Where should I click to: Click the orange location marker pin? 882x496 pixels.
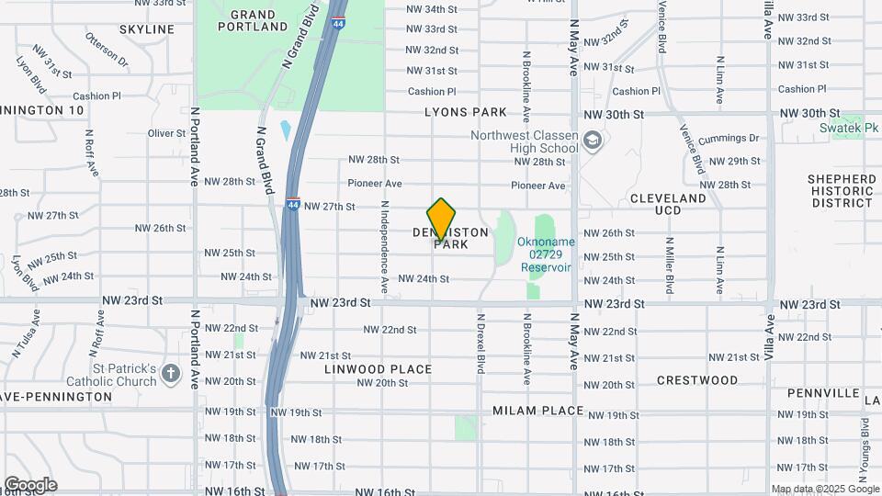tap(441, 219)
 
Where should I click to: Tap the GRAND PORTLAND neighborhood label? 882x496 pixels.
tap(253, 21)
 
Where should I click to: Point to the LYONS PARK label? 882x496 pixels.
tap(466, 112)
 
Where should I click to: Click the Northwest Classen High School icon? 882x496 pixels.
tap(593, 141)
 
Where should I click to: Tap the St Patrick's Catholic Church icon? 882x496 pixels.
tap(170, 373)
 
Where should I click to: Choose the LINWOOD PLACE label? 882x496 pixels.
tap(378, 369)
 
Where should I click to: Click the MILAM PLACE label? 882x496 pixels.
tap(537, 411)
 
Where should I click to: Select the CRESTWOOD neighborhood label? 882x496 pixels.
tap(697, 379)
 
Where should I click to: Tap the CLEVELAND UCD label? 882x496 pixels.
tap(668, 204)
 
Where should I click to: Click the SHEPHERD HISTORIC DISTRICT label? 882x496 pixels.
tap(841, 190)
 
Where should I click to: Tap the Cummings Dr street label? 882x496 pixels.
tap(729, 138)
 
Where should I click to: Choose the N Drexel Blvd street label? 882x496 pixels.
tap(480, 343)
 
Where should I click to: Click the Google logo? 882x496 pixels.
tap(30, 485)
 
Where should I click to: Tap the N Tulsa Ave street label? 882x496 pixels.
tap(24, 334)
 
